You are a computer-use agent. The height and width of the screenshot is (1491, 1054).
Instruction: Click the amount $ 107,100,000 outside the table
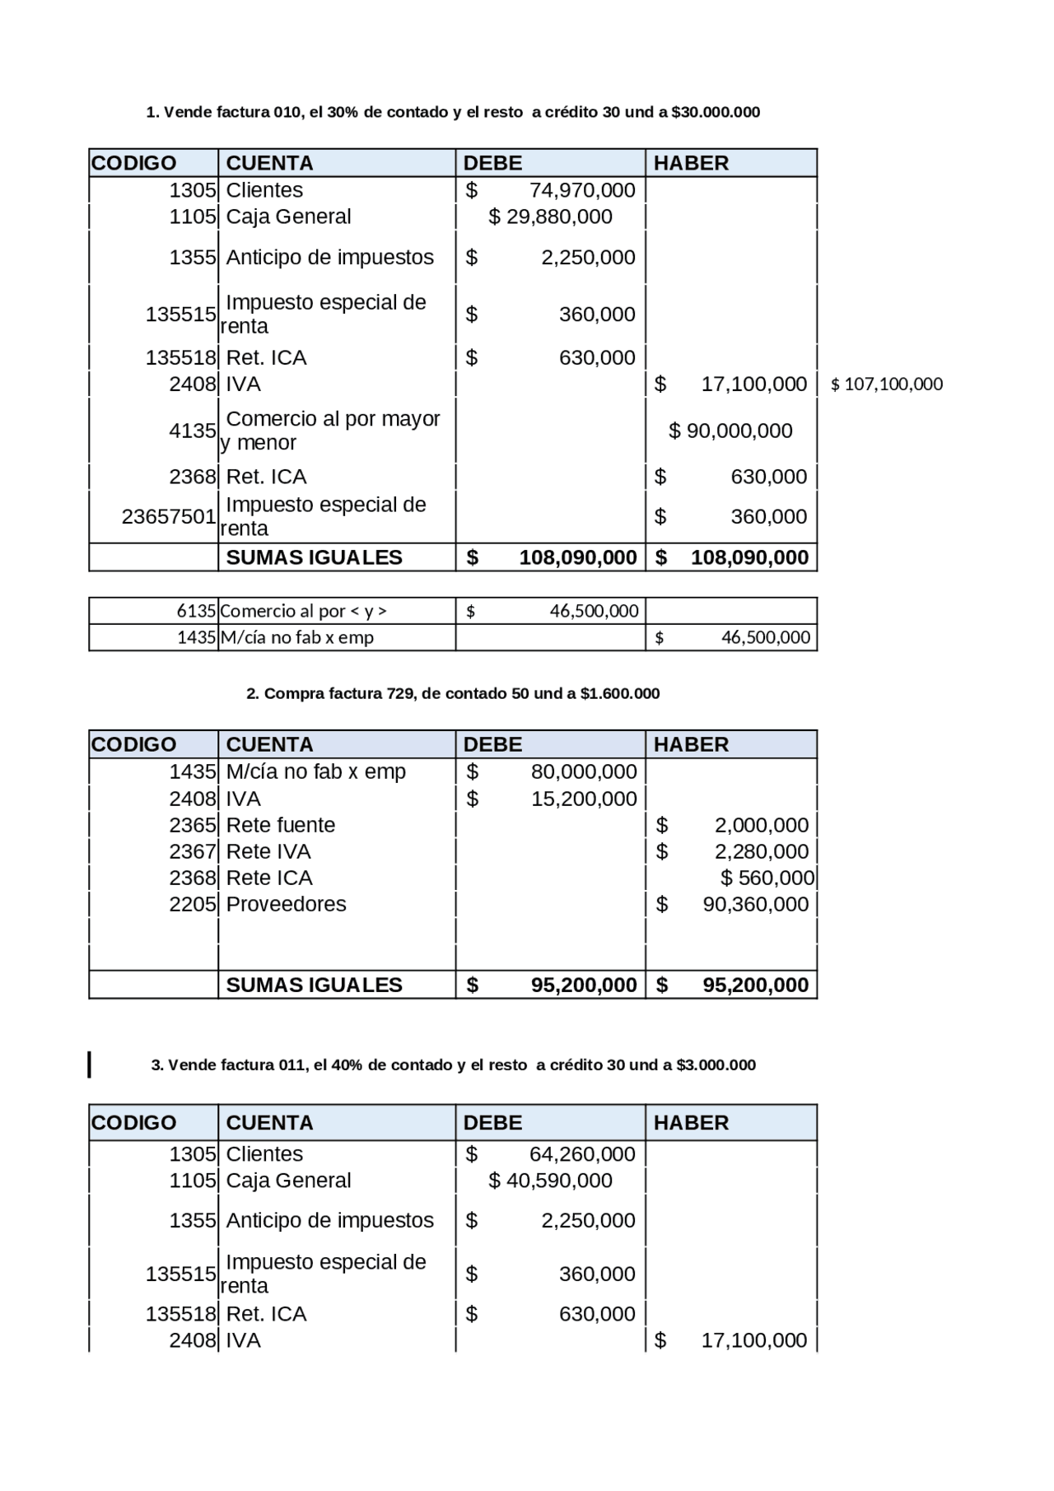(886, 384)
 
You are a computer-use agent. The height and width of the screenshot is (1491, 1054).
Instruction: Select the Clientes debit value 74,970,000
(581, 190)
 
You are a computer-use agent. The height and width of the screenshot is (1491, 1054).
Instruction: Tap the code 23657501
(168, 516)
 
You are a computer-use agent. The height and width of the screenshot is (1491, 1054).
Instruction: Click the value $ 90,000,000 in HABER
(730, 431)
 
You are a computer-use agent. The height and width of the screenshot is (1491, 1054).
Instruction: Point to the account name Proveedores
(286, 904)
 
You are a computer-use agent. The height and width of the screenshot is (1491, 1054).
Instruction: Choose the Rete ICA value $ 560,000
(767, 878)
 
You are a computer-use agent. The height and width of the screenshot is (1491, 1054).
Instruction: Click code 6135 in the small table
(196, 611)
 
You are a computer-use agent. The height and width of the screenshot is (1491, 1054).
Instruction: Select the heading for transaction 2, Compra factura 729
(453, 694)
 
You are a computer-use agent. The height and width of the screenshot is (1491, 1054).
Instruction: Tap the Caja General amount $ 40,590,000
(550, 1181)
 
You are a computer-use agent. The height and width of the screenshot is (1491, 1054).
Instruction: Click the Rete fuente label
(280, 825)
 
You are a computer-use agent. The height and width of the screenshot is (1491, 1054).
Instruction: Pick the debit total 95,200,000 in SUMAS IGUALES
(583, 985)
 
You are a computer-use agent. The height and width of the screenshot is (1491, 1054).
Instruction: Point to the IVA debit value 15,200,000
(583, 799)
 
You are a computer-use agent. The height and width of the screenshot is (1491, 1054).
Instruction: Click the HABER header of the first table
(691, 163)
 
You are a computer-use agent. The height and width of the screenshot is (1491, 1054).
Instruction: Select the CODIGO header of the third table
(133, 1123)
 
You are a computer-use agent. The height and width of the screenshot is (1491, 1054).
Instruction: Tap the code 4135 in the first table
(192, 431)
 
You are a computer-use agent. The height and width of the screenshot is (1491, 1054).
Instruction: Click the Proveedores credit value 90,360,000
(755, 904)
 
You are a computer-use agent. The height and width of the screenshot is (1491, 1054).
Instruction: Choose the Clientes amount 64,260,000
(581, 1154)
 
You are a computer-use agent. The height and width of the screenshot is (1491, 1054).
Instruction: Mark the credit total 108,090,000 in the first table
(749, 557)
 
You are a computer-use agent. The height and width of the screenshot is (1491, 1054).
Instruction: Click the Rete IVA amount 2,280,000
(761, 851)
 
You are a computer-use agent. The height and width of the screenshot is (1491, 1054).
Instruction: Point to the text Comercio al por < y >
(303, 611)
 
